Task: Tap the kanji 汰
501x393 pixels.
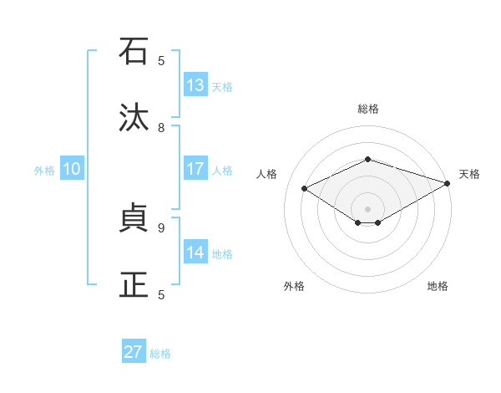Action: pos(134,118)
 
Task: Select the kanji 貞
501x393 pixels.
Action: pos(134,218)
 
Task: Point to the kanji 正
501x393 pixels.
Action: pos(134,284)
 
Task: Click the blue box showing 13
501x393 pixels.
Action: pos(195,85)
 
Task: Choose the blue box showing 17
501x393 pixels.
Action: pos(195,169)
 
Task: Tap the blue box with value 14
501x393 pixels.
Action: pos(195,253)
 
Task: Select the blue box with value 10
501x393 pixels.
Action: pos(72,169)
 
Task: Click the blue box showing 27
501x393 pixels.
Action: pos(134,352)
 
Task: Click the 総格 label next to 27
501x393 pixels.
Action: pos(160,354)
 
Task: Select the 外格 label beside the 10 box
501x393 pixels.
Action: pos(44,171)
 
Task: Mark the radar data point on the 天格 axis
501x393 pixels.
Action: pos(448,184)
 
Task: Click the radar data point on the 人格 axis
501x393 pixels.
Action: pos(305,189)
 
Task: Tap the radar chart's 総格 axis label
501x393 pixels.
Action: pos(367,109)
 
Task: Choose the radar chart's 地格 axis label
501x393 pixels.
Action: pos(438,286)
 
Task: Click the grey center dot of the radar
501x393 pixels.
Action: pos(367,208)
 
